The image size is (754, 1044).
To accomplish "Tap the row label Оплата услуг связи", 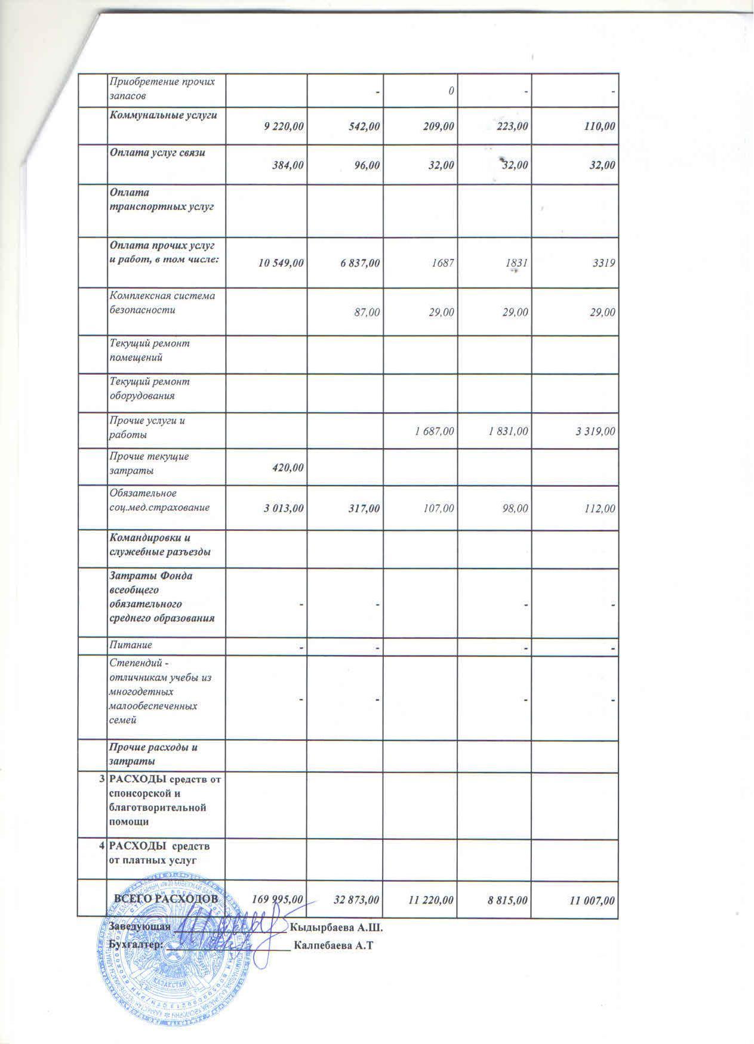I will [x=157, y=152].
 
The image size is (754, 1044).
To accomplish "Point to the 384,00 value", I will [x=287, y=165].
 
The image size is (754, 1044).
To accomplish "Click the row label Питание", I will [x=130, y=645].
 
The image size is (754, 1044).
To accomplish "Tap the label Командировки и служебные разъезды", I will [x=159, y=545].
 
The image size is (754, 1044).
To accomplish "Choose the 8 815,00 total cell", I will [x=506, y=899].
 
